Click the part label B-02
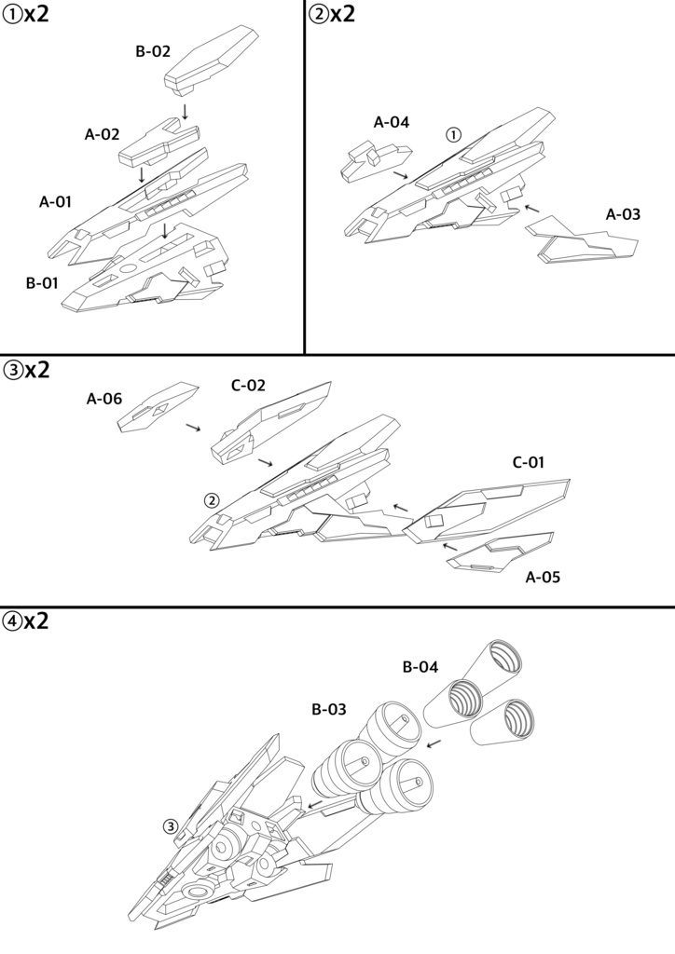tap(153, 52)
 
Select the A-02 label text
tap(103, 134)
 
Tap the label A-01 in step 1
tap(56, 201)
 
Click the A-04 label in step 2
tap(392, 122)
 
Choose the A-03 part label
tap(623, 214)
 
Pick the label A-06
tap(104, 399)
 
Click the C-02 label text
tap(249, 384)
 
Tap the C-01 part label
tap(529, 462)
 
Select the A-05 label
tap(543, 577)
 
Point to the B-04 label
tap(420, 666)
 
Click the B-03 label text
tap(329, 709)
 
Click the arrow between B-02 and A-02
tap(186, 111)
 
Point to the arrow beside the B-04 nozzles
tap(434, 743)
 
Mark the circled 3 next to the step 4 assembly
tap(170, 825)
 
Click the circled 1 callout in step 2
tap(453, 134)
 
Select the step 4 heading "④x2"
tap(26, 620)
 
